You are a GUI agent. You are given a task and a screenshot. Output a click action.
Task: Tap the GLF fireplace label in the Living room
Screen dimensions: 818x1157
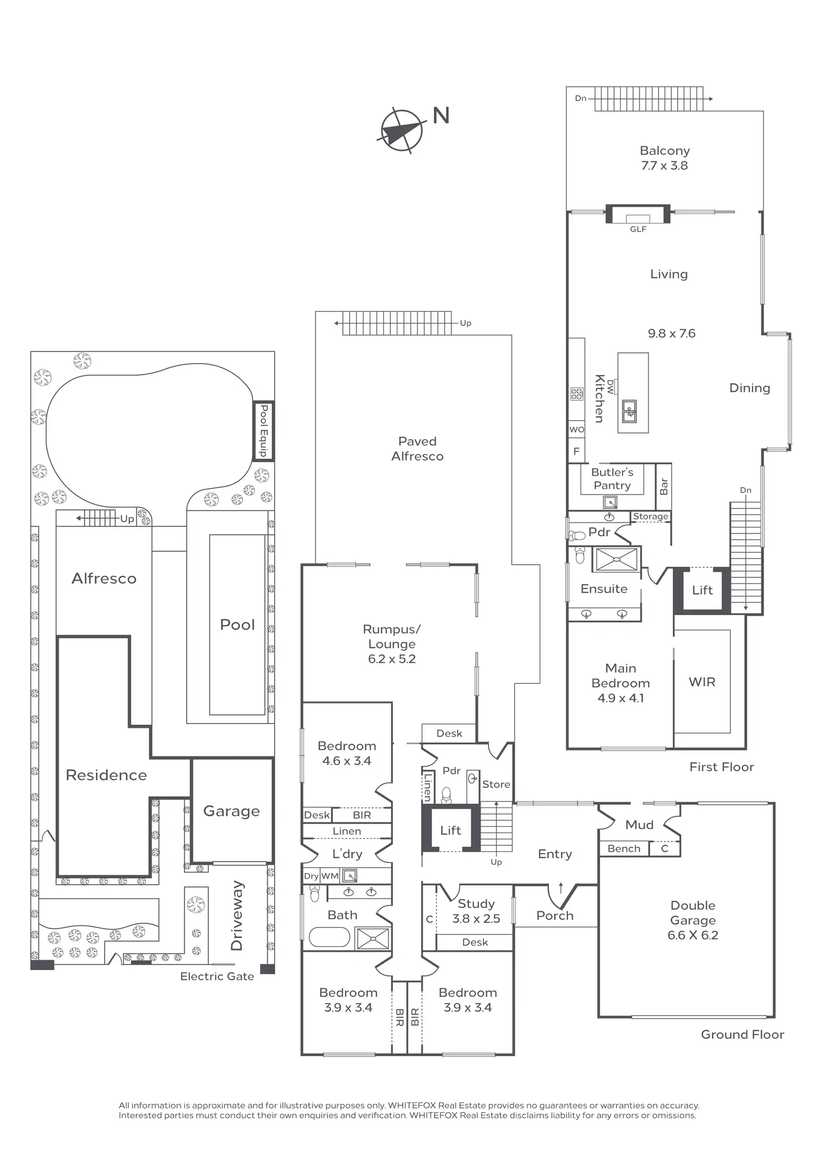pyautogui.click(x=638, y=229)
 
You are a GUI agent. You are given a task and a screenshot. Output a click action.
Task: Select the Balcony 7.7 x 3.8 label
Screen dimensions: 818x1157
pyautogui.click(x=665, y=158)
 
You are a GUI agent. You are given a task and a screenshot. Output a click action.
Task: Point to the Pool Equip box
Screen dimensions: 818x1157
pyautogui.click(x=263, y=430)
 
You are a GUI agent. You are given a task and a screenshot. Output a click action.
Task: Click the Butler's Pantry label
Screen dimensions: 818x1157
pyautogui.click(x=612, y=478)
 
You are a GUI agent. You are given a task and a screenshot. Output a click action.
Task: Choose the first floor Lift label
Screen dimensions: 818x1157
pyautogui.click(x=702, y=590)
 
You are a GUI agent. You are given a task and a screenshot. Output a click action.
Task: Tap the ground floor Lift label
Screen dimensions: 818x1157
pyautogui.click(x=450, y=830)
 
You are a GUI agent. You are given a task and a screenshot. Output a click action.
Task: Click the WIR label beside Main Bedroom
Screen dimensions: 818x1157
pyautogui.click(x=702, y=682)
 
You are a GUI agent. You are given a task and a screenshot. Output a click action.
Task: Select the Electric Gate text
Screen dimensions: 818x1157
pyautogui.click(x=217, y=976)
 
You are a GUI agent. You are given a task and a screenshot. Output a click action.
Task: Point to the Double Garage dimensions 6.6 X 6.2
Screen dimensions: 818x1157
pyautogui.click(x=692, y=935)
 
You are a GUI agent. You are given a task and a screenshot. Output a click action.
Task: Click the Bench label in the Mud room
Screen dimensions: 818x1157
pyautogui.click(x=624, y=849)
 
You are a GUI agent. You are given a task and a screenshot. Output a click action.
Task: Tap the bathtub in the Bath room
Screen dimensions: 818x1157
pyautogui.click(x=330, y=937)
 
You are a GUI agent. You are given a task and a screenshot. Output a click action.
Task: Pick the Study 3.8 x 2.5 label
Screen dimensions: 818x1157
pyautogui.click(x=476, y=911)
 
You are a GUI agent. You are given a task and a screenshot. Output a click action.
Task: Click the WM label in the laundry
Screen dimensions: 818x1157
pyautogui.click(x=330, y=876)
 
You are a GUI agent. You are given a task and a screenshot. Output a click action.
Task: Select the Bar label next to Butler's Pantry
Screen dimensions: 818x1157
pyautogui.click(x=664, y=487)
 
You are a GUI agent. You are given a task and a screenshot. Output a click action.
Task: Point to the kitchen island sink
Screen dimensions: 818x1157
pyautogui.click(x=629, y=411)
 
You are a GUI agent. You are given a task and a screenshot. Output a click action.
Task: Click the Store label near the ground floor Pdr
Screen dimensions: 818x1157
pyautogui.click(x=496, y=784)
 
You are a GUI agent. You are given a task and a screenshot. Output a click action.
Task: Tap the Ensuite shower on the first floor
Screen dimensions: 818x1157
pyautogui.click(x=616, y=559)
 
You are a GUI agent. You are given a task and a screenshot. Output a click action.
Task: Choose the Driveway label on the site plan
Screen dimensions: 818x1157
pyautogui.click(x=237, y=915)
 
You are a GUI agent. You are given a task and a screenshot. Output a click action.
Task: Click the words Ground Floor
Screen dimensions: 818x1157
pyautogui.click(x=742, y=1034)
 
